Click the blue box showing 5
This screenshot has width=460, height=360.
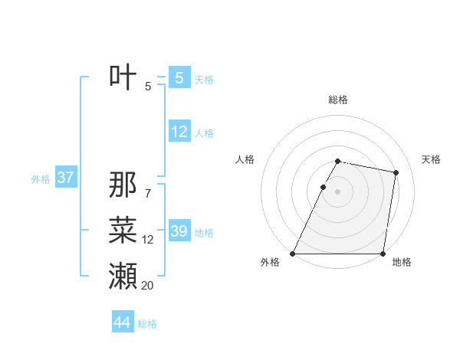179,77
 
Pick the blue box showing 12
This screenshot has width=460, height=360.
179,132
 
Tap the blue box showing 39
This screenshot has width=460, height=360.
179,231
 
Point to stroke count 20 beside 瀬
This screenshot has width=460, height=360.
148,286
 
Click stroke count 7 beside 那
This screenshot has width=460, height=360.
148,194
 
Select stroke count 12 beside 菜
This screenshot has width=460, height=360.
148,240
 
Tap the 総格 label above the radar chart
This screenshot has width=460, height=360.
338,100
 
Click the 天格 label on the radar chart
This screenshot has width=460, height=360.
432,159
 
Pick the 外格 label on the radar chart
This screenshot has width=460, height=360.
270,262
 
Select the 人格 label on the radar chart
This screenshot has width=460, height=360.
245,159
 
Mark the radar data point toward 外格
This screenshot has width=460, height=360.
293,254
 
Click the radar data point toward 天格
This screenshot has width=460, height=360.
396,173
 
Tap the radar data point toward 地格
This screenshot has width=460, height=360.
383,254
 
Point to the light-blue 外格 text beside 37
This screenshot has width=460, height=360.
40,179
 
